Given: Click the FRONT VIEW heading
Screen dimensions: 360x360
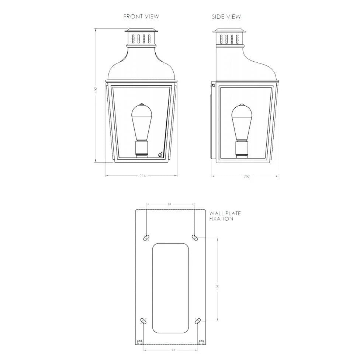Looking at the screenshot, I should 141,17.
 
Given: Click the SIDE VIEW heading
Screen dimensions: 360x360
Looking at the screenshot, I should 226,17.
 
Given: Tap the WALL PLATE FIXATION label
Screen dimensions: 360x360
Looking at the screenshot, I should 225,216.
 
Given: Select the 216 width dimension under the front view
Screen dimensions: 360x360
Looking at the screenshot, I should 142,176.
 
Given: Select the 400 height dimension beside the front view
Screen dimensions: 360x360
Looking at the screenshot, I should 95,90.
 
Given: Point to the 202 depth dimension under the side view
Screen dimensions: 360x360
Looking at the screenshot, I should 246,176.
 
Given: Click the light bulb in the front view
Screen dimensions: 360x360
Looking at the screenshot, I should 142,122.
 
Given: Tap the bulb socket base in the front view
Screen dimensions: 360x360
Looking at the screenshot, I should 142,149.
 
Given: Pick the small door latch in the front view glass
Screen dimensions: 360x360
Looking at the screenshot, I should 160,154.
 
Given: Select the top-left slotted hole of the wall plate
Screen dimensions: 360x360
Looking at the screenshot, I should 146,237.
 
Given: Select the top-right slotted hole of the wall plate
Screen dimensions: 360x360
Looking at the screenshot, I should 195,237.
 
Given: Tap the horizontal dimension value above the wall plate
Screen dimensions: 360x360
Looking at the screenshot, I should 169,204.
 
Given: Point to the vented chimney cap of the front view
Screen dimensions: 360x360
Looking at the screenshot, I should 142,38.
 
